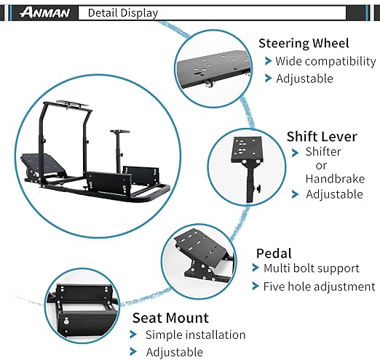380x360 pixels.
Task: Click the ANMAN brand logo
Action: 45,12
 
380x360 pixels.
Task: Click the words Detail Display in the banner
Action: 123,13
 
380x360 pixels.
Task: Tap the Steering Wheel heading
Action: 304,44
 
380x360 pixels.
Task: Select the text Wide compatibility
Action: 325,61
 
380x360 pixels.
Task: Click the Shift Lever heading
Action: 322,137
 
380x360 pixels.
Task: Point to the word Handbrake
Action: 335,179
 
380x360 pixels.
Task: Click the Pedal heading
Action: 274,254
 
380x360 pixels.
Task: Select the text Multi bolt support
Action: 312,268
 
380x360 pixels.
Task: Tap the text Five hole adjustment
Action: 319,287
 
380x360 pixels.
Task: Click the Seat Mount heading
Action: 170,318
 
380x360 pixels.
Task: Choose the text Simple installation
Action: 195,335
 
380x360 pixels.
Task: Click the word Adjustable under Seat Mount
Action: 174,352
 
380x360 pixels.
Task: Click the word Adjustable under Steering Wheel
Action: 304,79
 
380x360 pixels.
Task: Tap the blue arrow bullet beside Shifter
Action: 295,153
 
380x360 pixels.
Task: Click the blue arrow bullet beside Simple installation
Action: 133,335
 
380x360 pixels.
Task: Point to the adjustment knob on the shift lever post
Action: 258,188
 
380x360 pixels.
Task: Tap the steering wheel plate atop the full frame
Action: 72,104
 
